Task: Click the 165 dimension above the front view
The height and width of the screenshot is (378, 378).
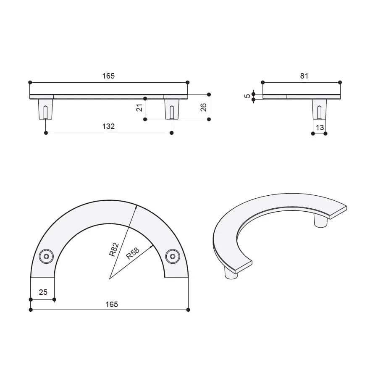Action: coord(108,76)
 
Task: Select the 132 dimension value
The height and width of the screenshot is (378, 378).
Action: coord(108,126)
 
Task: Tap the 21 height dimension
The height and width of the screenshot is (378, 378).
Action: coord(139,108)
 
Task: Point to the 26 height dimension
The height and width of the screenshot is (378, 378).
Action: coord(204,107)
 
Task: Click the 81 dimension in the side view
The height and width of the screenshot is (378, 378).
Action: coord(304,76)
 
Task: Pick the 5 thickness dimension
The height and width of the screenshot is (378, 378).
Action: coord(247,96)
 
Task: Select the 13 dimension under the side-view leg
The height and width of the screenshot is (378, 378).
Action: coord(320,127)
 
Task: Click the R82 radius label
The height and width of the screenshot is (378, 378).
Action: coord(114,249)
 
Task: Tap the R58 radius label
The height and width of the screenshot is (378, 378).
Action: coord(133,253)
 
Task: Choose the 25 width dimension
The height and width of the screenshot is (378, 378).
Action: coord(43,292)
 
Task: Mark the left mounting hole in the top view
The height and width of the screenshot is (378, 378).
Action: coord(46,256)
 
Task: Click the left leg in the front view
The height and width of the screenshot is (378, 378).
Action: coord(45,109)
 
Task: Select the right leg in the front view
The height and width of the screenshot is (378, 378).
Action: coord(171,109)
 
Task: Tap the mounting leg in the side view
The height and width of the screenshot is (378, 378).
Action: coord(319,109)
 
